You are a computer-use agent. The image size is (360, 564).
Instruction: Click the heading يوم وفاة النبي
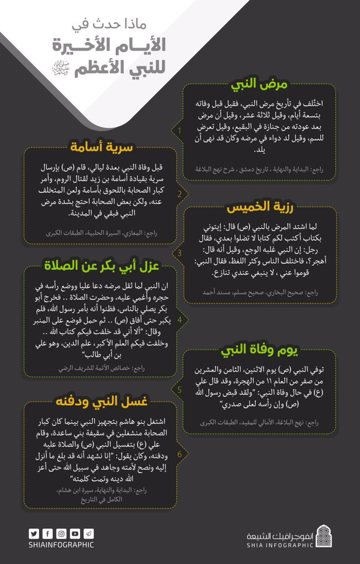(x=259, y=350)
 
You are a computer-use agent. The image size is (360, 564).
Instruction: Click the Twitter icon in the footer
(x=34, y=533)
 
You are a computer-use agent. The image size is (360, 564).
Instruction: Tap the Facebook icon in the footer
(x=48, y=533)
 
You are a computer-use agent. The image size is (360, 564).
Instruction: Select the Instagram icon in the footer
(x=61, y=533)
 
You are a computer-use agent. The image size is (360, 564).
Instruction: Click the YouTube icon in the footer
(x=75, y=533)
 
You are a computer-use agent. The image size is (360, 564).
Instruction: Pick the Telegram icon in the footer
(x=88, y=533)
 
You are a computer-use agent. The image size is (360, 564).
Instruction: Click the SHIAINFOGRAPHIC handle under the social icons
(x=61, y=545)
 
